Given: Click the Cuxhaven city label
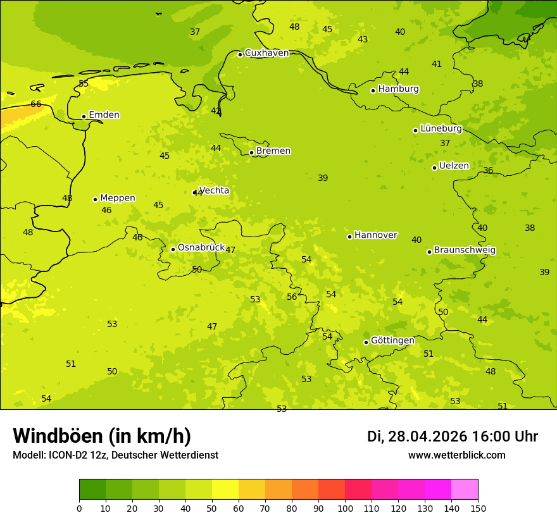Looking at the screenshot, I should tap(266, 53).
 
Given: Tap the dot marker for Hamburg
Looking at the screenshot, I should tap(373, 90).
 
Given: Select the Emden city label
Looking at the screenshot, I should tap(104, 115).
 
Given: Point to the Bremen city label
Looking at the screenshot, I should tap(273, 151).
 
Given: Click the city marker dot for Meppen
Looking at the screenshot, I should tap(96, 199).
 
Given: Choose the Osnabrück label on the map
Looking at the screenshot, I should tap(201, 248).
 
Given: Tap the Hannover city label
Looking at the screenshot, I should tap(375, 235).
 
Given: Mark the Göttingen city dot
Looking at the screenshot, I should tap(366, 342).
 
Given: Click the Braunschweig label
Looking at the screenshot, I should tap(465, 250).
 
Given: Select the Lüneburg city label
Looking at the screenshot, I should tap(441, 129).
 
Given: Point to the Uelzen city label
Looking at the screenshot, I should tap(454, 166).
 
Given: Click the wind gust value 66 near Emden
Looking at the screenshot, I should tap(36, 104).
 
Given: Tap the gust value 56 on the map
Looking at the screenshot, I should tap(292, 297).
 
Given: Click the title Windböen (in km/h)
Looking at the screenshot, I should tap(102, 436).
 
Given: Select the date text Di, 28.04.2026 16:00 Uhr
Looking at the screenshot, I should tap(453, 436).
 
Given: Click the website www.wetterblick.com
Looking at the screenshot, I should tap(456, 455).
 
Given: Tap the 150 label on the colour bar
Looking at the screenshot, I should tap(478, 508).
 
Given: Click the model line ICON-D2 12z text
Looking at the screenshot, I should tap(115, 455).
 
